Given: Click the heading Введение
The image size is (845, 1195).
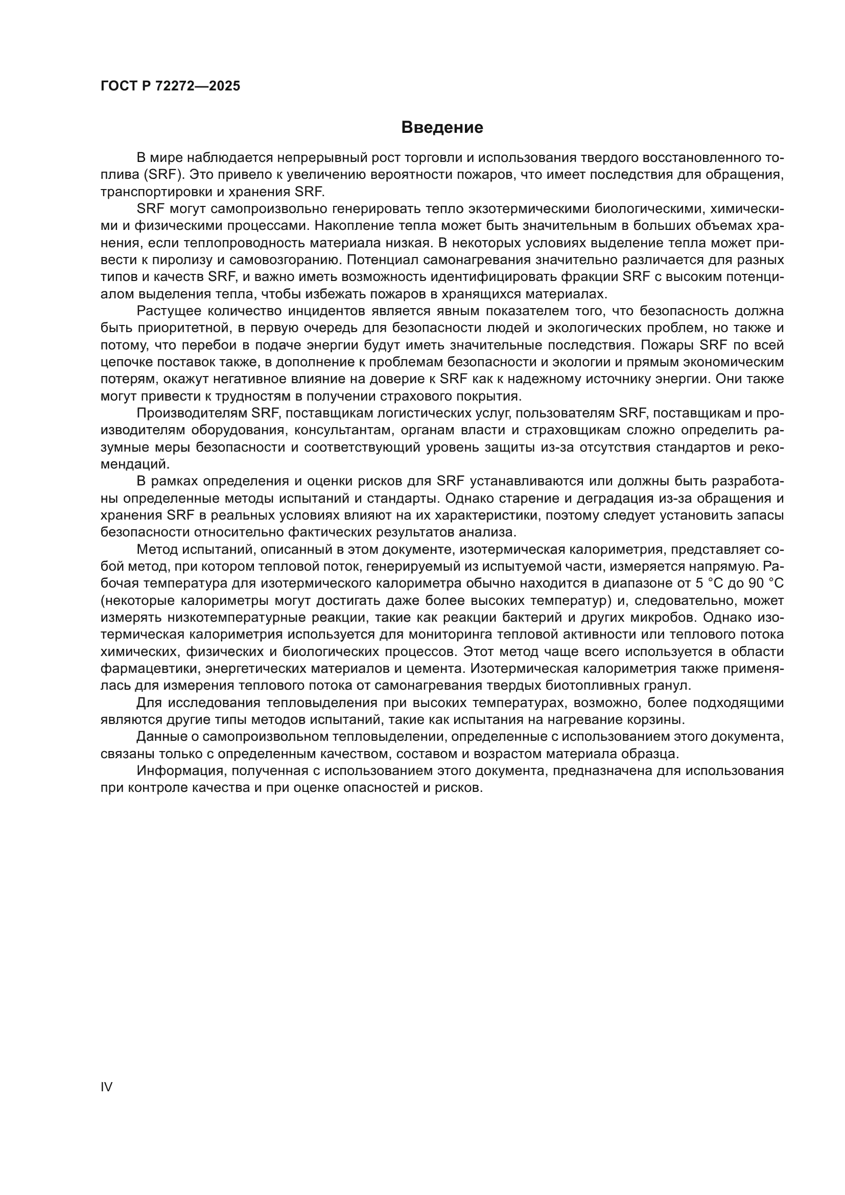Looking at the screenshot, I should click(x=442, y=128).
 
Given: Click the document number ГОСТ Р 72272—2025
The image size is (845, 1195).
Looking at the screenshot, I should click(x=170, y=86).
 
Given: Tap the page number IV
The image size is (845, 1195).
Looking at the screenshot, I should click(x=106, y=1087).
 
